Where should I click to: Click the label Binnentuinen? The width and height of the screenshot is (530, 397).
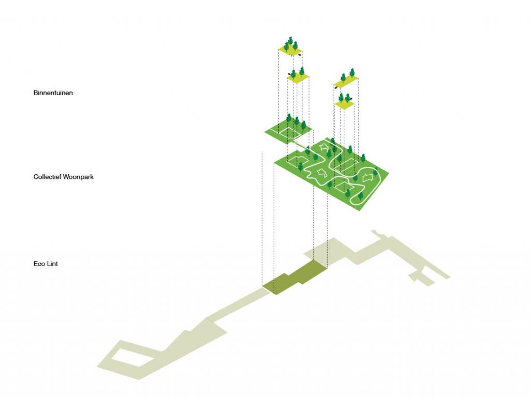click(53, 93)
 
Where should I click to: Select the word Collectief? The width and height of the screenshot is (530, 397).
click(47, 177)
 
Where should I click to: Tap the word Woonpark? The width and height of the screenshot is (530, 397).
click(78, 177)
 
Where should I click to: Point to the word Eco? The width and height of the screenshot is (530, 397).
click(39, 264)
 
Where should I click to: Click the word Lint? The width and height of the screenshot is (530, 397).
click(52, 264)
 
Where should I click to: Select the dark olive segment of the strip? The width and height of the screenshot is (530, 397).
click(295, 278)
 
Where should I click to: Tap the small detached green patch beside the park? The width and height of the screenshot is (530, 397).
click(287, 132)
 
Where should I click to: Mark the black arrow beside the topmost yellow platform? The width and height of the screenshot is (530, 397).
click(300, 54)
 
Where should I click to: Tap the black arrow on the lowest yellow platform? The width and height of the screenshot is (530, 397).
click(351, 98)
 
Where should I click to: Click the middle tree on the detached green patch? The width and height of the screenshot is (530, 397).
click(297, 121)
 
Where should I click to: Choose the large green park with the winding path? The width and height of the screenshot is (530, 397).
click(331, 174)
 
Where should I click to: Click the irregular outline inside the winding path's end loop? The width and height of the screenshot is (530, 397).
click(367, 177)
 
